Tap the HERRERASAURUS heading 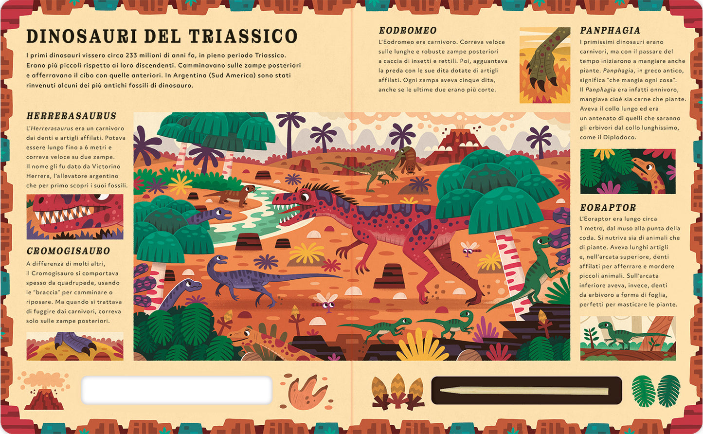point(72,116)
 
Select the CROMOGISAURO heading point(69,251)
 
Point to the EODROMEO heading point(408,31)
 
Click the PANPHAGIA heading point(610,31)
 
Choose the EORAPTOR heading point(608,208)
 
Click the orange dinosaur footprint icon point(307,392)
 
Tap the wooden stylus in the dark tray point(523,391)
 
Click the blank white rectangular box point(177,390)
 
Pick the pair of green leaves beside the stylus point(656,391)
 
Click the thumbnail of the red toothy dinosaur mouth point(75,217)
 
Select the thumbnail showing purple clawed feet point(75,346)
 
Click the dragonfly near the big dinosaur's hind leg point(470,250)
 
